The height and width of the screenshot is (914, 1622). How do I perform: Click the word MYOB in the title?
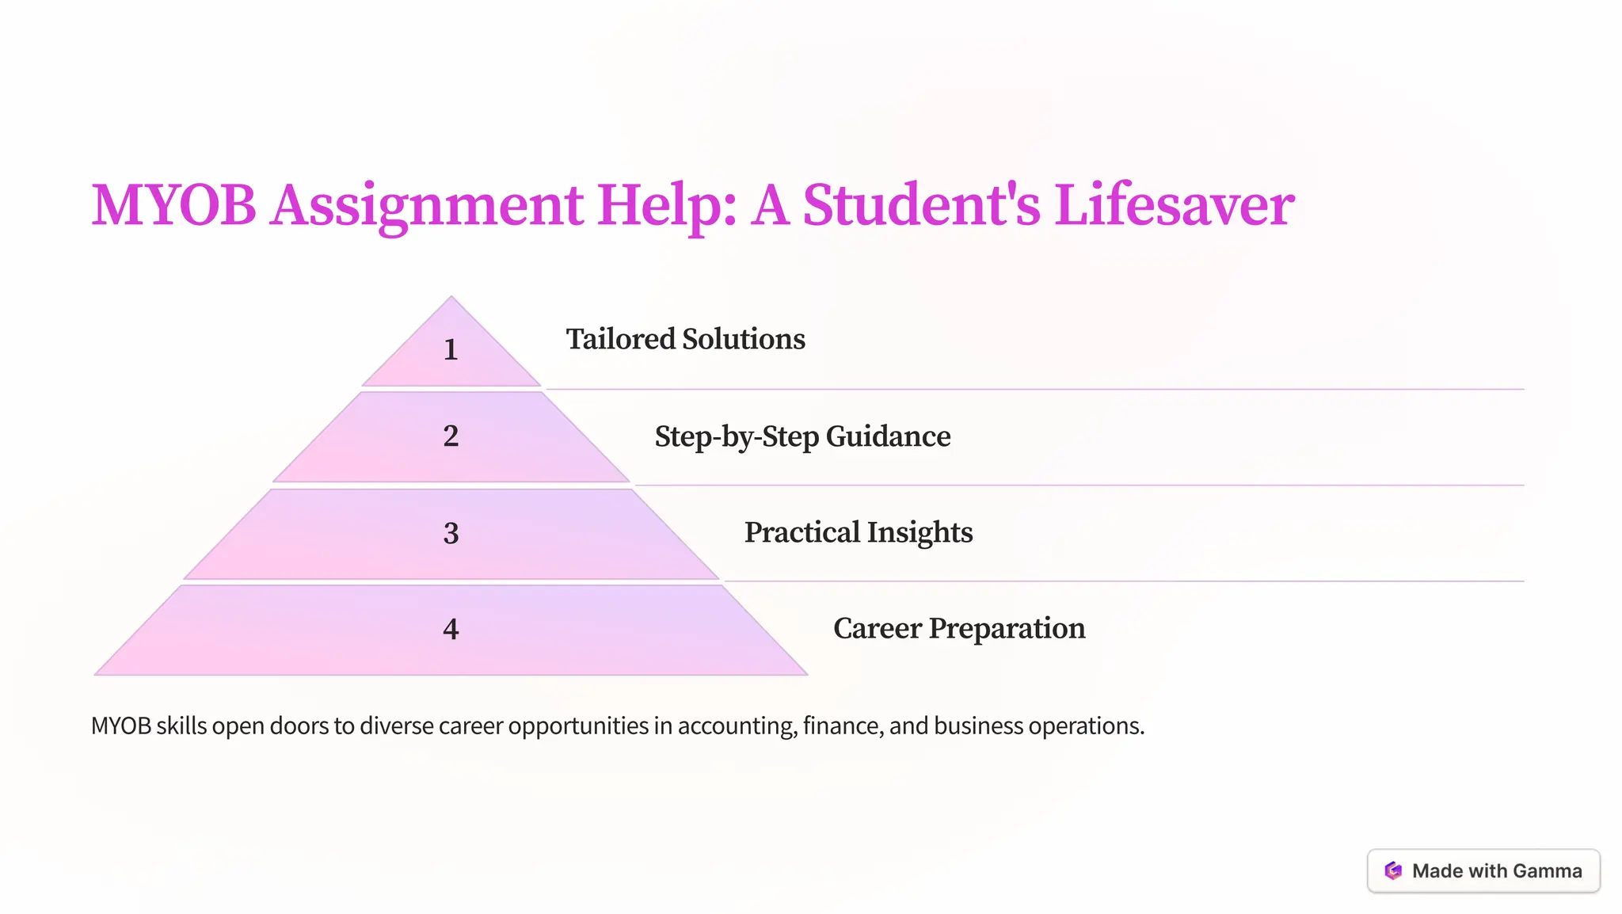pyautogui.click(x=173, y=205)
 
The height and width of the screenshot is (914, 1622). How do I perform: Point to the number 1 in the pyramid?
pyautogui.click(x=451, y=349)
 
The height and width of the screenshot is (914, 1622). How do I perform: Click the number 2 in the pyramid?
pyautogui.click(x=451, y=436)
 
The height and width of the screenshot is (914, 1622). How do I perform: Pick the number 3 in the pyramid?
pyautogui.click(x=451, y=533)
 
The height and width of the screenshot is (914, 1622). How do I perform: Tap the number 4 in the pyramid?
pyautogui.click(x=451, y=629)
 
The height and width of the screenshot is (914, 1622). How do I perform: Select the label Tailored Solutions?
pyautogui.click(x=685, y=339)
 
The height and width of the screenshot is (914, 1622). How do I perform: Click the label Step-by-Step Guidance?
pyautogui.click(x=802, y=436)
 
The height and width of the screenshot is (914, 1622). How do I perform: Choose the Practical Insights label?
pyautogui.click(x=859, y=532)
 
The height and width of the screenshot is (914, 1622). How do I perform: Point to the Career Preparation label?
pyautogui.click(x=959, y=628)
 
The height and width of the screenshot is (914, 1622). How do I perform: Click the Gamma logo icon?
pyautogui.click(x=1393, y=870)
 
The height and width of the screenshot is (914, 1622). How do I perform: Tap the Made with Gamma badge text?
pyautogui.click(x=1497, y=870)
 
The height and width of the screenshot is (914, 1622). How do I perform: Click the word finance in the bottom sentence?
pyautogui.click(x=843, y=725)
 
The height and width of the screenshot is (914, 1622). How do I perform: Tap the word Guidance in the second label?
pyautogui.click(x=888, y=436)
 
